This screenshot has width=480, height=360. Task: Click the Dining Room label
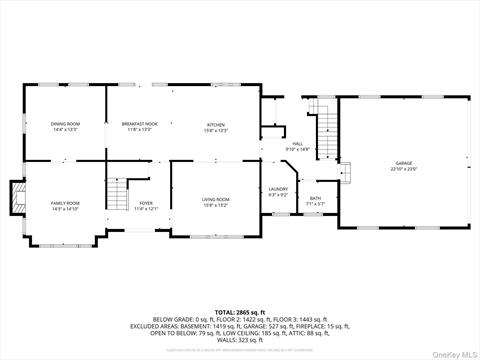[65, 124]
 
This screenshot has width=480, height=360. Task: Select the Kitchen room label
[217, 124]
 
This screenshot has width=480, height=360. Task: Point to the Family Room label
[65, 203]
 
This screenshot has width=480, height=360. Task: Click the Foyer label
[146, 203]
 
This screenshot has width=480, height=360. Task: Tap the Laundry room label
[278, 189]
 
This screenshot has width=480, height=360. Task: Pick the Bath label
[315, 199]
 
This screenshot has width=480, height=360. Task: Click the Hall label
[298, 144]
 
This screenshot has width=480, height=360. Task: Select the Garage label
[403, 162]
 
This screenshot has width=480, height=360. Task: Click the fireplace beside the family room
[17, 198]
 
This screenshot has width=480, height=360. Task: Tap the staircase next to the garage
[326, 124]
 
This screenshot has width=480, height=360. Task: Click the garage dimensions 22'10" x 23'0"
[403, 168]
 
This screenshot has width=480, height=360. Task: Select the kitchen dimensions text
[217, 130]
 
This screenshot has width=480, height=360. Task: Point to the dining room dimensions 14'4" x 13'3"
[65, 130]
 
